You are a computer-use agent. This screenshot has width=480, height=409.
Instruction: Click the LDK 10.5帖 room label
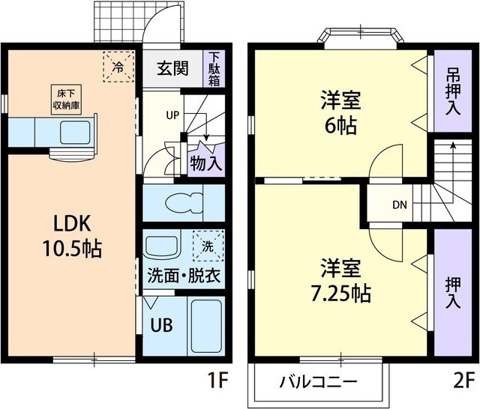[72, 236]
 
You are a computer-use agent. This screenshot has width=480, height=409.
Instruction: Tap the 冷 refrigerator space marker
[118, 67]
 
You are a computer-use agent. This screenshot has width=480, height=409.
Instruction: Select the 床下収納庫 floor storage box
[66, 100]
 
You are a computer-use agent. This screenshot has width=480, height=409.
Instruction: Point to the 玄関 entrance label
[172, 68]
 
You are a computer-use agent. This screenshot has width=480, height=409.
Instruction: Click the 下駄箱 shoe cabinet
[214, 69]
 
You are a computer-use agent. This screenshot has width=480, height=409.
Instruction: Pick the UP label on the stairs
[172, 115]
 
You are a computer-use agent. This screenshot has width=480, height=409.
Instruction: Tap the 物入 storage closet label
[206, 163]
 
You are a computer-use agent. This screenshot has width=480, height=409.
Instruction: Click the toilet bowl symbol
[184, 203]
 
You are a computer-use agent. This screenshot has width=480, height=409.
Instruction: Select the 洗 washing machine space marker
[208, 246]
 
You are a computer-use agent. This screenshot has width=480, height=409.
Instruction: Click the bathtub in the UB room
[206, 326]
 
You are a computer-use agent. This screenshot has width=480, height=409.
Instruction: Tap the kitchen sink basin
[75, 133]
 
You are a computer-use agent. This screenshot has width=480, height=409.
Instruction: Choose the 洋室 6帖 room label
[340, 112]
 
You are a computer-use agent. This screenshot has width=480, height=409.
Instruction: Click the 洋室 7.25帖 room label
[340, 280]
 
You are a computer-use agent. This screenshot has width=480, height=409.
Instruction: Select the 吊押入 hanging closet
[453, 91]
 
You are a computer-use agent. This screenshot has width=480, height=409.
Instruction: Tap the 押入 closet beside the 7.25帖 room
[453, 292]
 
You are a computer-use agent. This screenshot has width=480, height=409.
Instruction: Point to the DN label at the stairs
[400, 204]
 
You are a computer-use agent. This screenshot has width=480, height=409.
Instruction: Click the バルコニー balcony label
[318, 382]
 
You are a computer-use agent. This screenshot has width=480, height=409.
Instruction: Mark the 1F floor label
[217, 381]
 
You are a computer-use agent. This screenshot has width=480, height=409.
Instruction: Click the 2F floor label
[463, 381]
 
